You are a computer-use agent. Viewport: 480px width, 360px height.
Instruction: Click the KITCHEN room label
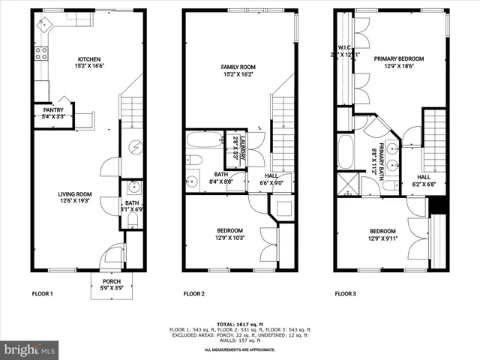(89, 59)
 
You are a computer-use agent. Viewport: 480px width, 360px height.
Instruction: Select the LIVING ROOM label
(75, 194)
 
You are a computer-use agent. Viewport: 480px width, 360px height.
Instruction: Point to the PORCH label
(112, 281)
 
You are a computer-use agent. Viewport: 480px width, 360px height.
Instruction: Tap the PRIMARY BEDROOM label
(399, 59)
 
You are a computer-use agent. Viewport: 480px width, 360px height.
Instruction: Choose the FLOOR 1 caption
(42, 293)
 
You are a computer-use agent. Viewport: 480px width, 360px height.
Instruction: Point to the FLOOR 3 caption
(345, 293)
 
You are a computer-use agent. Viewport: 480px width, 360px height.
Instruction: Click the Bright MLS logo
(30, 349)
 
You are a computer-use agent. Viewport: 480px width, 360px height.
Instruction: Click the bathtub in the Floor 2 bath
(204, 139)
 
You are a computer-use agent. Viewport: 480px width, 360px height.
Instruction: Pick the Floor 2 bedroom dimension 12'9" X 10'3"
(229, 238)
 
